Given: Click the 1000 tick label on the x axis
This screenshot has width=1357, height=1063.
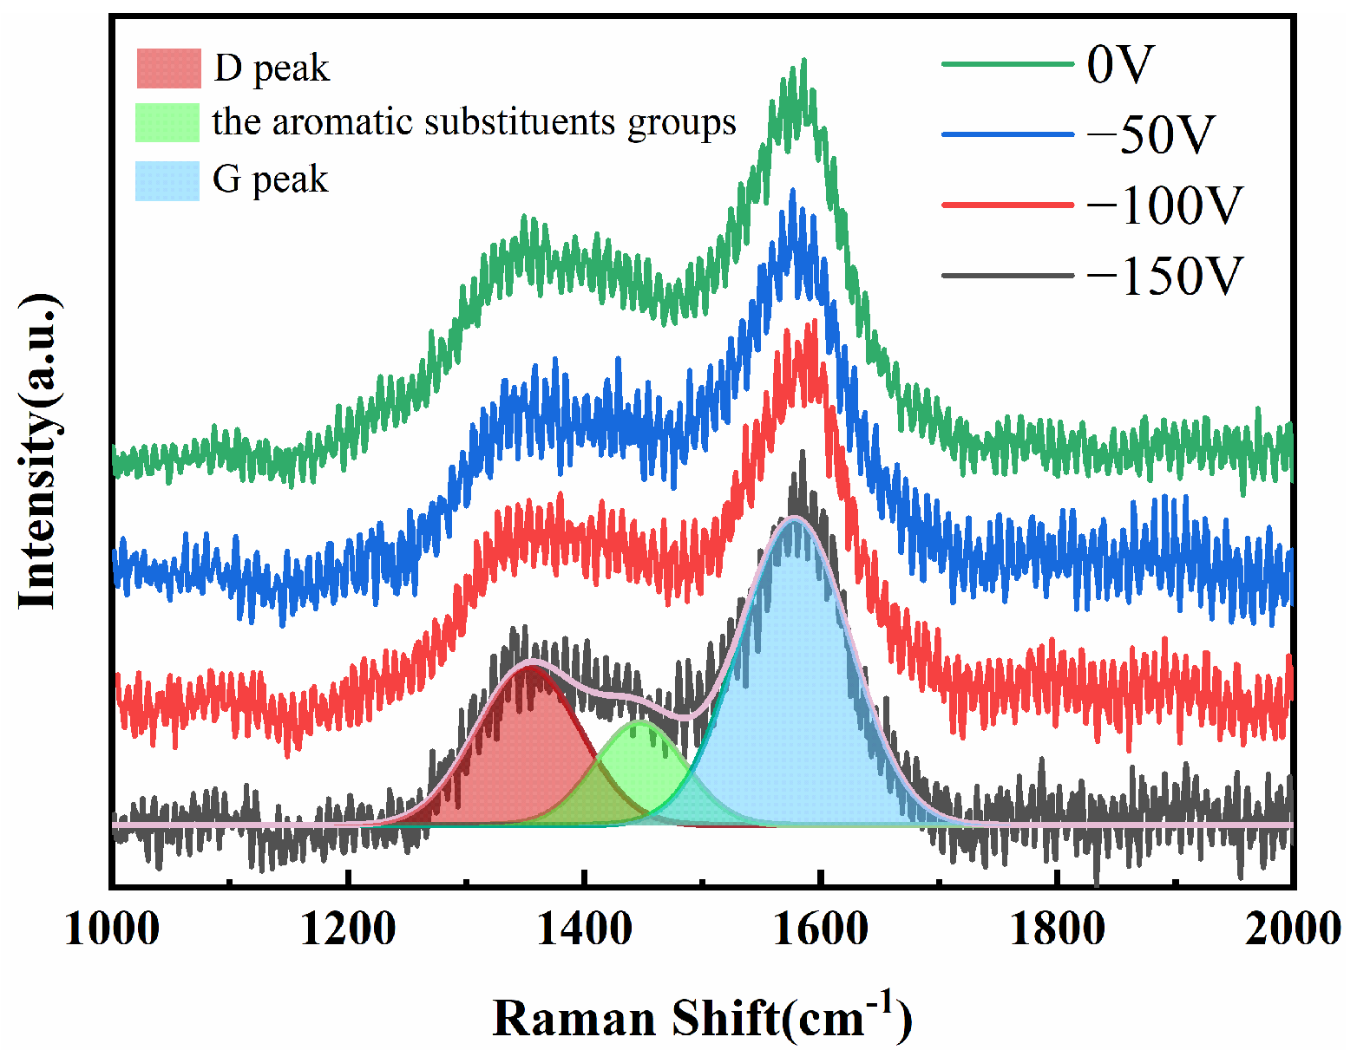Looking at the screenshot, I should pos(112,929).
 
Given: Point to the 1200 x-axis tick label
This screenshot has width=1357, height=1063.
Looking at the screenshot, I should pos(348,929).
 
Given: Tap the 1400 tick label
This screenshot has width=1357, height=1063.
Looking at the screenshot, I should pos(584,929).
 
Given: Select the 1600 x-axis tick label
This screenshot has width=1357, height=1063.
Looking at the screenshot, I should pos(820,929).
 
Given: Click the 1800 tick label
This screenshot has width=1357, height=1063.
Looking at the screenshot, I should pos(1057,929).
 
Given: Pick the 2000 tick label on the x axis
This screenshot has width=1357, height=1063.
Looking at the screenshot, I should pos(1293,929).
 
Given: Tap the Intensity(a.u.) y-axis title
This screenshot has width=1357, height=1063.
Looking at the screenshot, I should pos(40,451).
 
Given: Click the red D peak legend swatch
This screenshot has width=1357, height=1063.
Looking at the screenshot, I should pos(168,68).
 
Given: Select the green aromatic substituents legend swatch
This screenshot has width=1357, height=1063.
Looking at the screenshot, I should pos(167,123).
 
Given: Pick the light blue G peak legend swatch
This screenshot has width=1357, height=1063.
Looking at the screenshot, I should pos(167,180).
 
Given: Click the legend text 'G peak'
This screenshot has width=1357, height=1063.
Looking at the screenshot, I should pos(271,180).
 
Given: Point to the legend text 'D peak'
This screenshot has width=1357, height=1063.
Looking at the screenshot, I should pos(272,68).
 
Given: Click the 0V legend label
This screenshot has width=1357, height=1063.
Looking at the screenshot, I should pos(1120,64).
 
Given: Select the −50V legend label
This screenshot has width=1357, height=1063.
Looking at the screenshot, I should pos(1150,135).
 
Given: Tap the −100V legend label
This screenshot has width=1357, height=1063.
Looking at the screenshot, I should pos(1164,205).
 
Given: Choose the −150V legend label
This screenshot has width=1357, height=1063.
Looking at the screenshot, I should pos(1164,276).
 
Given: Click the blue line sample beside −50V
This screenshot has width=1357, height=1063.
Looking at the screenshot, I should pos(1007,135).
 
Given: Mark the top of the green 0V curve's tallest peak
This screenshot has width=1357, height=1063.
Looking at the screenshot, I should pos(804,61).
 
